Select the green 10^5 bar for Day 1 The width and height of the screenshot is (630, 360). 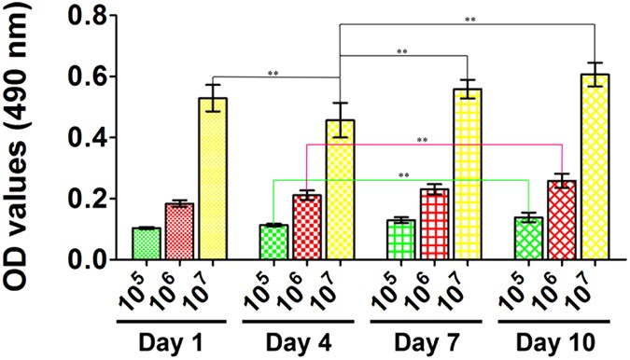[147, 243]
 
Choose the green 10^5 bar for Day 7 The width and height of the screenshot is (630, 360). [401, 240]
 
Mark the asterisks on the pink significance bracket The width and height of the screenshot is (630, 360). [422, 140]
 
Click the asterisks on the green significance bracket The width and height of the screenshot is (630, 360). [403, 174]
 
